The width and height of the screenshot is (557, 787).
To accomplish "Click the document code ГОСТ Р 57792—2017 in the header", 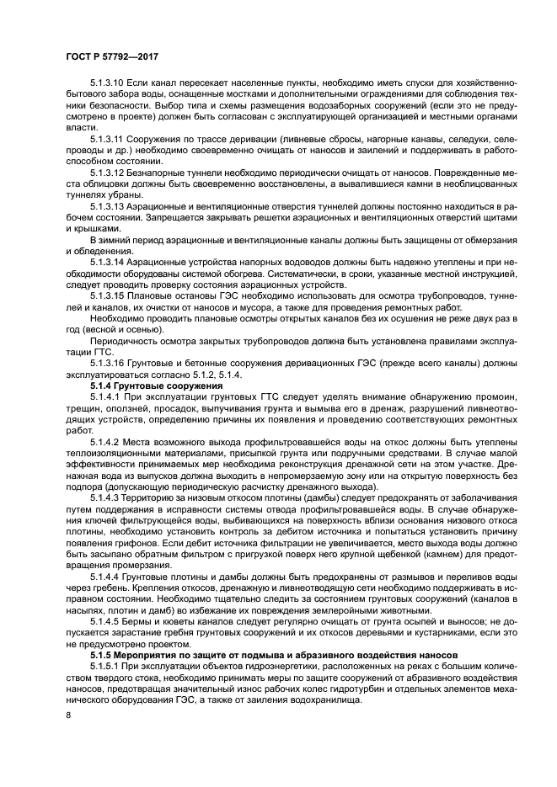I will pos(111,57).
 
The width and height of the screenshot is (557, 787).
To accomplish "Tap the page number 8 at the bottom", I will pos(68,715).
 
